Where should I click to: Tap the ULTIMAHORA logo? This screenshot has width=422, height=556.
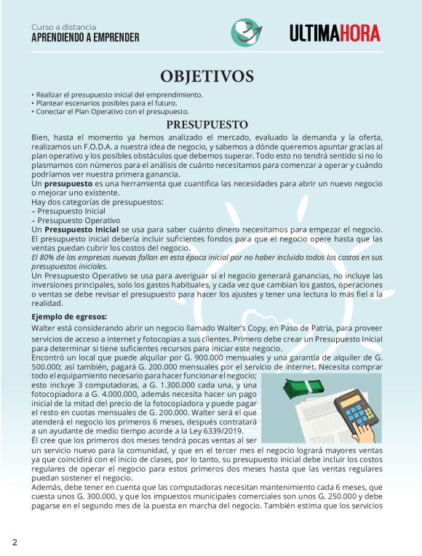[x=341, y=33]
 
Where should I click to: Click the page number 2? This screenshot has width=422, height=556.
[x=14, y=542]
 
